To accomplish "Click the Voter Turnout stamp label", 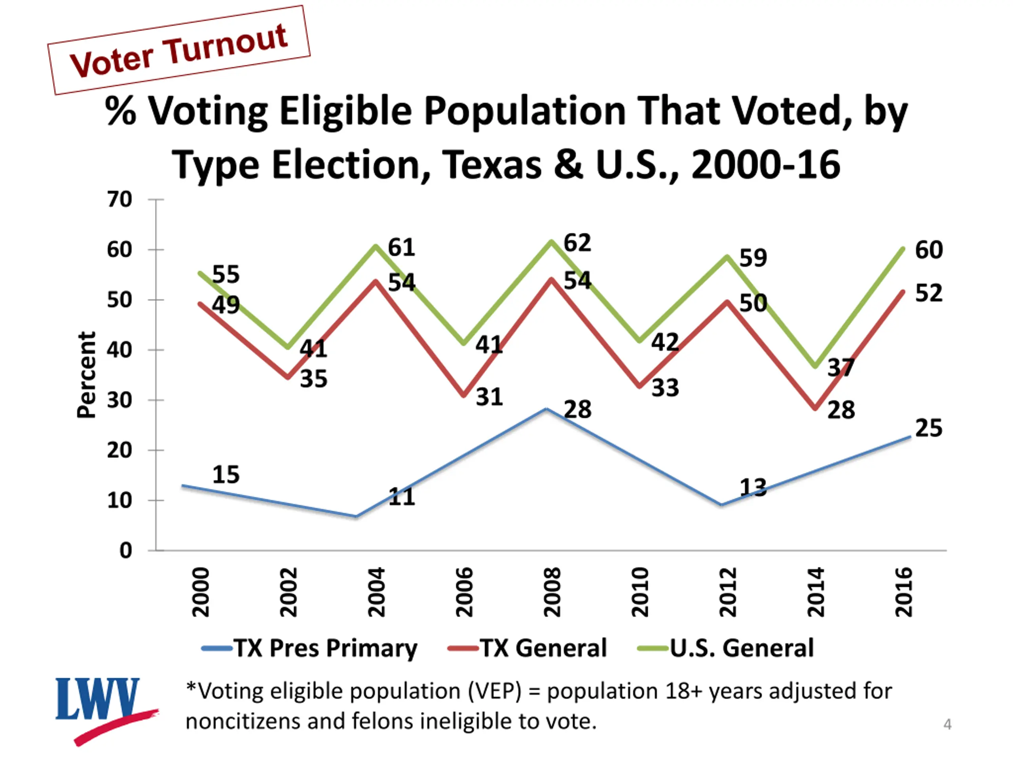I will pyautogui.click(x=178, y=50).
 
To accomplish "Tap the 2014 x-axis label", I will pyautogui.click(x=815, y=592).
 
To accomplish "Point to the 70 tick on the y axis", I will pyautogui.click(x=120, y=200).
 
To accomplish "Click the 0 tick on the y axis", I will pyautogui.click(x=125, y=550).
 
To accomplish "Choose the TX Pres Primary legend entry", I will pyautogui.click(x=309, y=648).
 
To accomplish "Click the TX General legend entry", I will pyautogui.click(x=527, y=648).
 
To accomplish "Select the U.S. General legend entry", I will pyautogui.click(x=727, y=648).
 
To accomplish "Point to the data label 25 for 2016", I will pyautogui.click(x=929, y=428).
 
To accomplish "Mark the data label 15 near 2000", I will pyautogui.click(x=226, y=474).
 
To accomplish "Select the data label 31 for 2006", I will pyautogui.click(x=489, y=396).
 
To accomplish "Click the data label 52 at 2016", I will pyautogui.click(x=929, y=293).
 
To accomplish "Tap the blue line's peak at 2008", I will pyautogui.click(x=546, y=408).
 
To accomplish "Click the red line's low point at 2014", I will pyautogui.click(x=816, y=408).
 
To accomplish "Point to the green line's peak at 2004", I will pyautogui.click(x=376, y=246).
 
